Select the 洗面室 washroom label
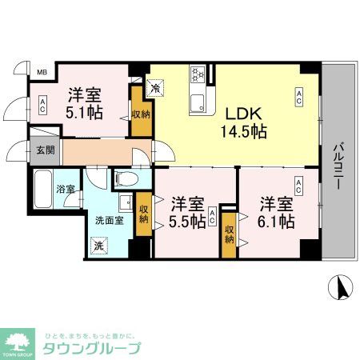pos(110,221)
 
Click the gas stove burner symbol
pos(197,77)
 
